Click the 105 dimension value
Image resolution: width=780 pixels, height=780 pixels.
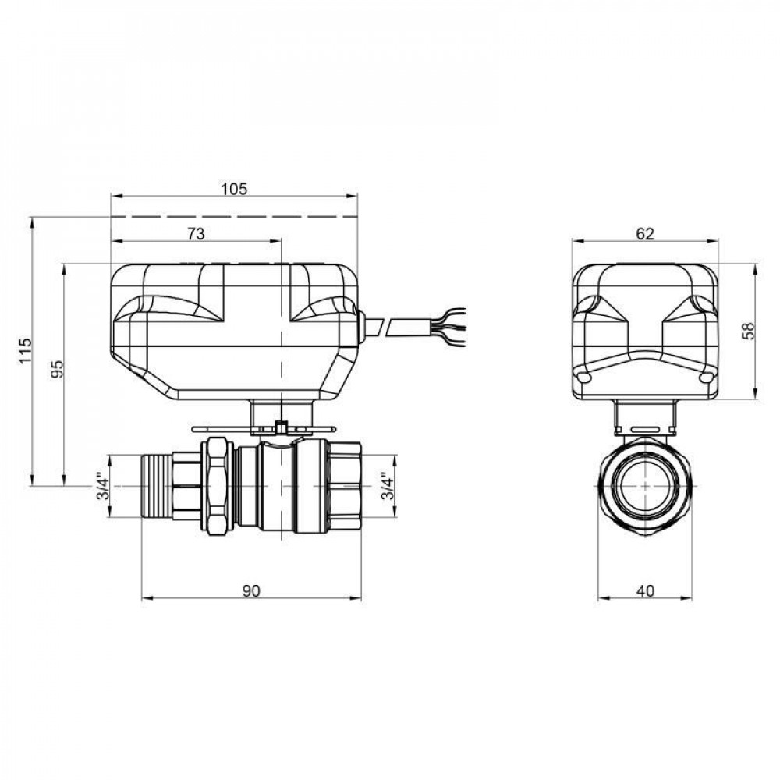[234, 189]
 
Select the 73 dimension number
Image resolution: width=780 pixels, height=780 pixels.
[196, 233]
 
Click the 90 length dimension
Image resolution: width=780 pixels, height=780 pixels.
[250, 591]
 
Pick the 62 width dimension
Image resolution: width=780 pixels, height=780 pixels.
[644, 233]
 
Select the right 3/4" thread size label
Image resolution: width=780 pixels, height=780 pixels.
[387, 488]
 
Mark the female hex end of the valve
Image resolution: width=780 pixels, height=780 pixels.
[342, 488]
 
